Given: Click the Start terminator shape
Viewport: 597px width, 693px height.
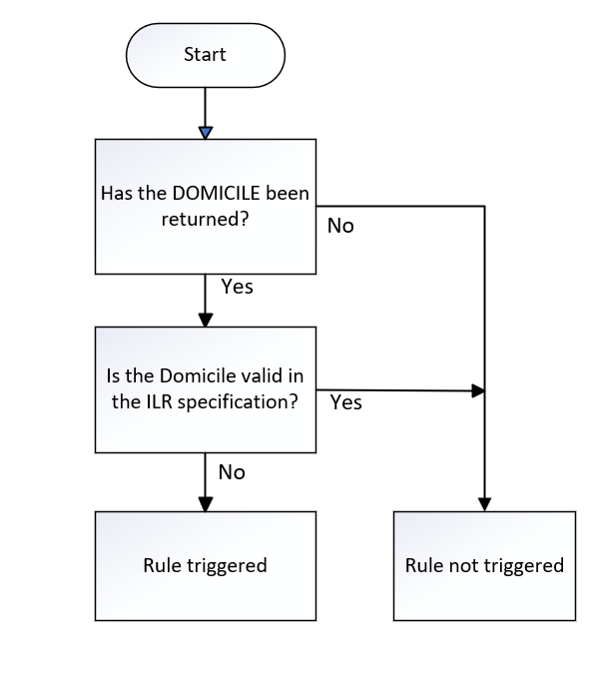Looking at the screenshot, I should (205, 54).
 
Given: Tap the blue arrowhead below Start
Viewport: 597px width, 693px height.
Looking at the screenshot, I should (205, 132).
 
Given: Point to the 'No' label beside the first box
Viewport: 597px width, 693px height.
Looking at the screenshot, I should (340, 226).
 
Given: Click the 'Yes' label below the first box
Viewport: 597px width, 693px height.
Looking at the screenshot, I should (237, 287).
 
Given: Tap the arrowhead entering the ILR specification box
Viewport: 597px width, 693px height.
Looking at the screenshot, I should (205, 321).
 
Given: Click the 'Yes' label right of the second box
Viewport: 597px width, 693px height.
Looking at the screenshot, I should (345, 402).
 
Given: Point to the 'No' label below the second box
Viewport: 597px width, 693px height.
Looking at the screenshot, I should (231, 471).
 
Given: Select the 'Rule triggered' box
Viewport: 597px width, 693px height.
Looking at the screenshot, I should (205, 565).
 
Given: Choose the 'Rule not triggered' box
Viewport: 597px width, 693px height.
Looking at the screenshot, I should (484, 565).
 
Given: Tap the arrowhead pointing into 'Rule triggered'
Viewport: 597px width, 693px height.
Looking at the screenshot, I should (205, 504).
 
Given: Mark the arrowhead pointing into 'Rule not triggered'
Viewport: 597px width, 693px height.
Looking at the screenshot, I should (484, 504).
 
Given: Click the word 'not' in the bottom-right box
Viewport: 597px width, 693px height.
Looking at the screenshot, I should (462, 565).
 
